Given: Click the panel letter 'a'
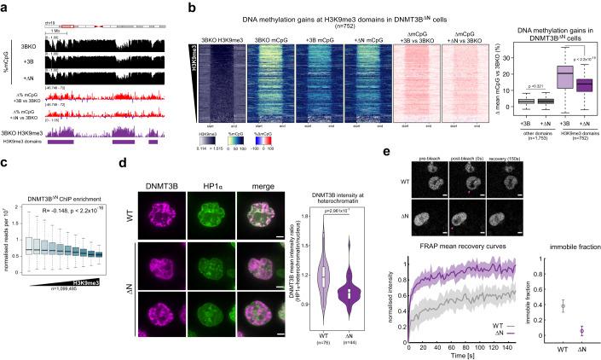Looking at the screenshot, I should [x=4, y=6].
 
